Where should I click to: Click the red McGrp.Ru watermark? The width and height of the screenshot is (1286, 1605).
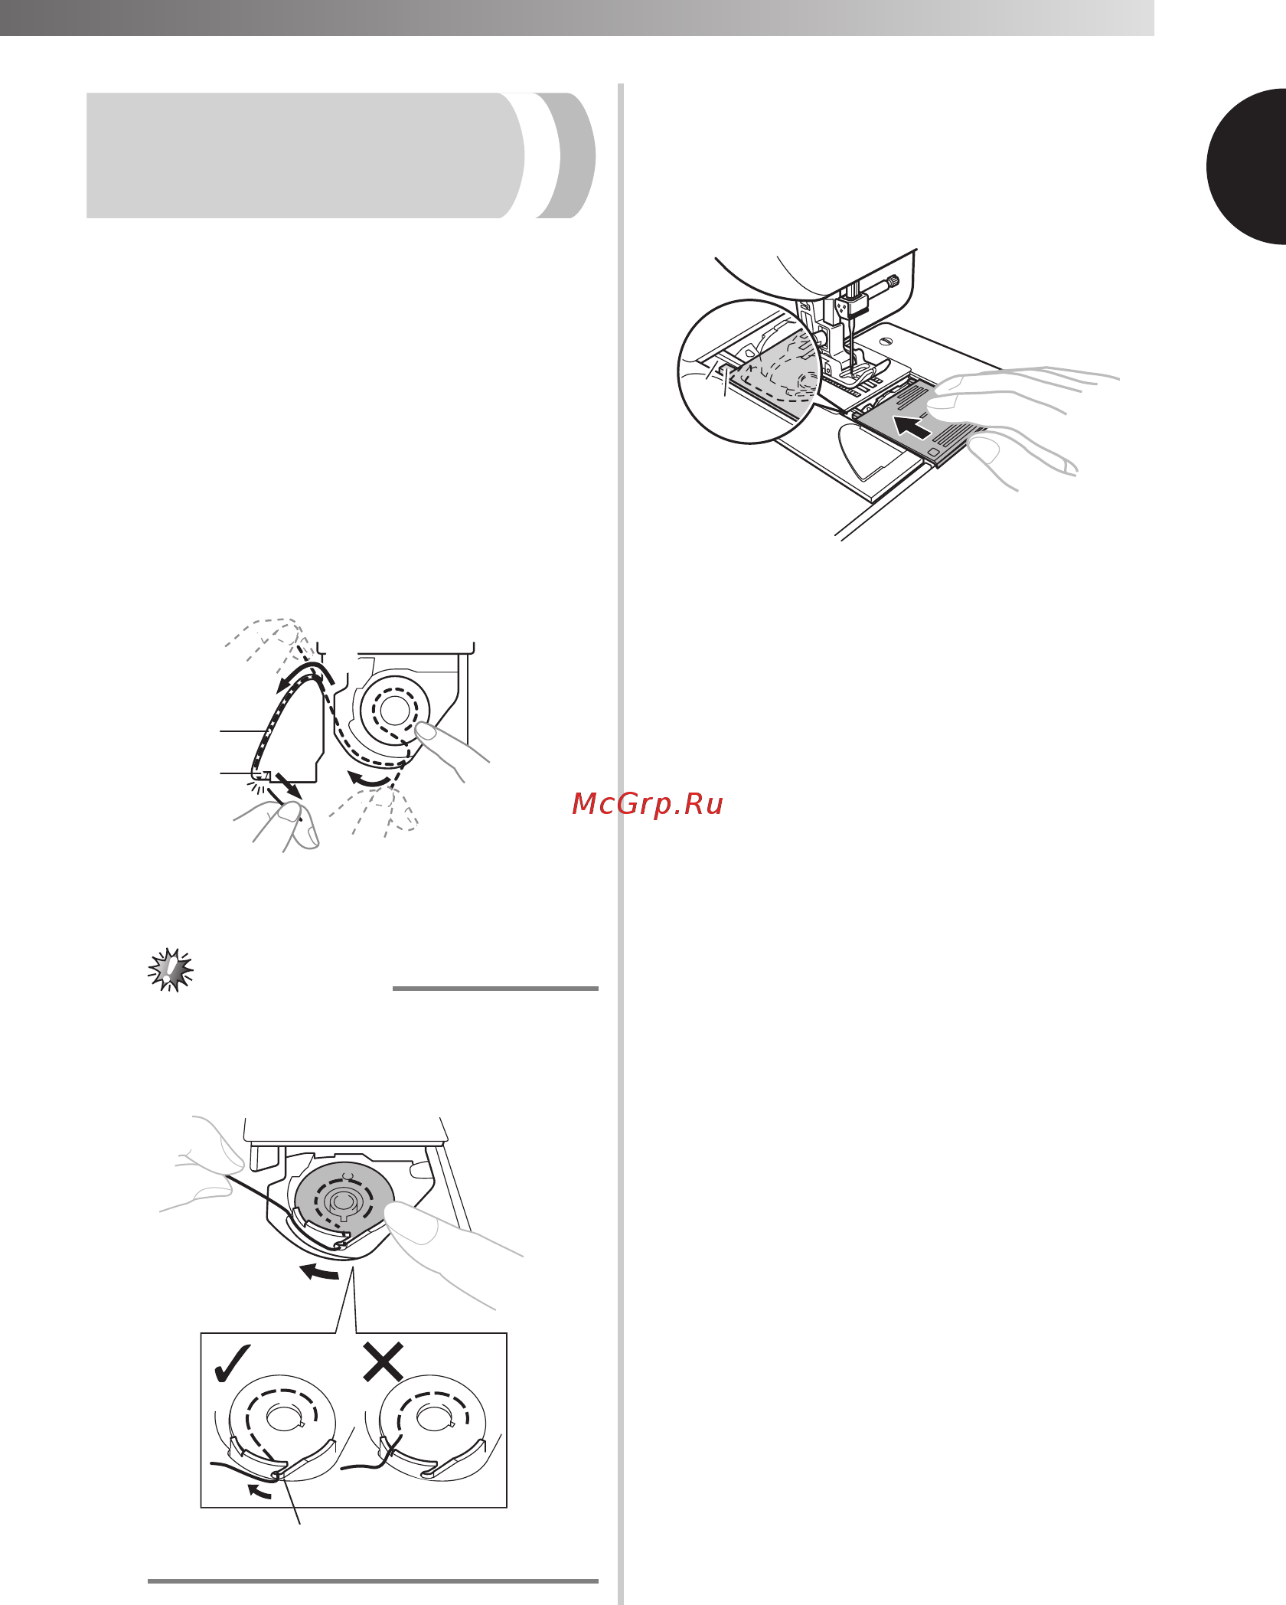point(648,804)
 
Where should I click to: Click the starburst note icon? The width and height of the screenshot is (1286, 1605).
point(171,970)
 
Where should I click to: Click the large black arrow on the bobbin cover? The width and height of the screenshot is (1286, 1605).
point(912,427)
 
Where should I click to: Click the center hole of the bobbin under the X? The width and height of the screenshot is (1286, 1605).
point(434,1418)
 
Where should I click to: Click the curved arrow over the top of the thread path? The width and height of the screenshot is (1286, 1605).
point(305,675)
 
